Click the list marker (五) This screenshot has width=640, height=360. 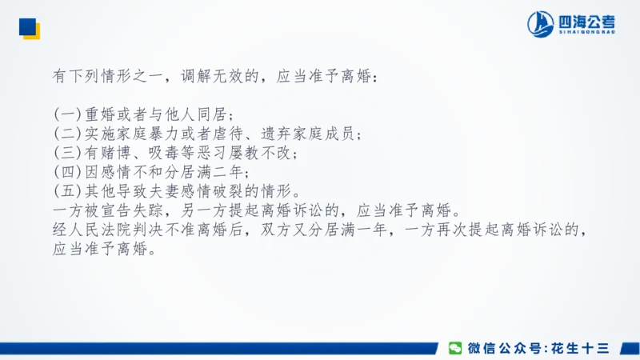pos(66,192)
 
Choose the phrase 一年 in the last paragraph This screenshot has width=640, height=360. pos(360,232)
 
